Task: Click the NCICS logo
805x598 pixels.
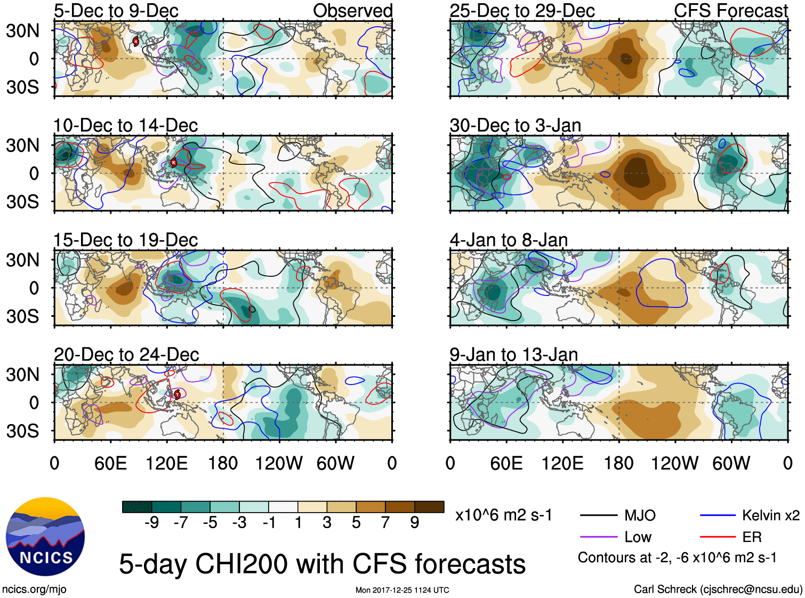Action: pyautogui.click(x=45, y=536)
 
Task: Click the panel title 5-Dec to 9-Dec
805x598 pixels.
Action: pyautogui.click(x=116, y=11)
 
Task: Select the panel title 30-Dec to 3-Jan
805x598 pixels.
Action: pyautogui.click(x=515, y=125)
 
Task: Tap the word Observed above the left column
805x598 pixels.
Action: pyautogui.click(x=352, y=11)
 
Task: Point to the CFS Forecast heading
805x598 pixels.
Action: pyautogui.click(x=730, y=11)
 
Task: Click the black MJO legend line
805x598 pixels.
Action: pyautogui.click(x=599, y=515)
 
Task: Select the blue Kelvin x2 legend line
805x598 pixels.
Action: pyautogui.click(x=718, y=515)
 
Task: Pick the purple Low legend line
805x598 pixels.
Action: pyautogui.click(x=599, y=537)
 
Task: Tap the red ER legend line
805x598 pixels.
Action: pyautogui.click(x=718, y=537)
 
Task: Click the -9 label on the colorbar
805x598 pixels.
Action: pyautogui.click(x=152, y=523)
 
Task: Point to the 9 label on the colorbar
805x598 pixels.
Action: pyautogui.click(x=415, y=523)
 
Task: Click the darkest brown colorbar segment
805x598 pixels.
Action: pyautogui.click(x=429, y=507)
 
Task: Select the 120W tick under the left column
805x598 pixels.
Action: pyautogui.click(x=279, y=463)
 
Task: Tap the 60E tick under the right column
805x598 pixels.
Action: pyautogui.click(x=506, y=463)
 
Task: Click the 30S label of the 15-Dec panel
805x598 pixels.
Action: pyautogui.click(x=23, y=316)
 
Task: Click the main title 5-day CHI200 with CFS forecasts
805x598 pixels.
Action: pyautogui.click(x=322, y=564)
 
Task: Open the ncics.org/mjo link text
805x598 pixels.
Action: pyautogui.click(x=34, y=589)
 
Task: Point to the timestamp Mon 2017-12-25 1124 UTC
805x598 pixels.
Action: pyautogui.click(x=402, y=590)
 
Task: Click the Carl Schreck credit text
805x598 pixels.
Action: pyautogui.click(x=718, y=589)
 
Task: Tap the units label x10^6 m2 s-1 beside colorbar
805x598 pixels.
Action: pyautogui.click(x=503, y=515)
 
